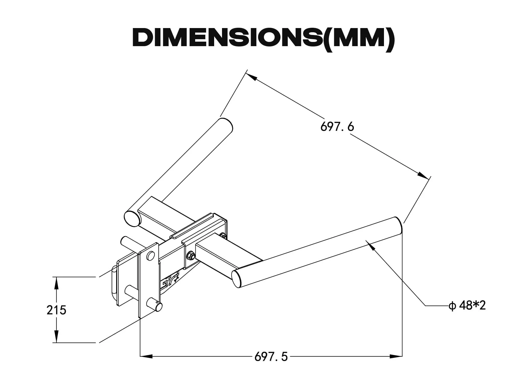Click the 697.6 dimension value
click(x=337, y=127)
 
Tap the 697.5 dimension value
click(x=271, y=357)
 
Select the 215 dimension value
click(x=56, y=310)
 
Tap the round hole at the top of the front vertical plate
click(x=150, y=256)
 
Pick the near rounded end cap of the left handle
click(x=132, y=218)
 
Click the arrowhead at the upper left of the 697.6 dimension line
click(x=252, y=76)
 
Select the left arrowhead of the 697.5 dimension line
click(x=147, y=356)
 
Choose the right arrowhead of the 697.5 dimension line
click(x=396, y=356)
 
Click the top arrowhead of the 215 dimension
click(x=56, y=283)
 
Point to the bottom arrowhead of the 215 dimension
click(x=56, y=337)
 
